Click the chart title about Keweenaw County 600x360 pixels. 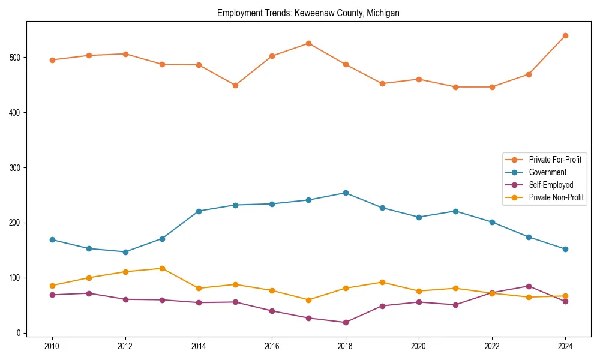(x=308, y=13)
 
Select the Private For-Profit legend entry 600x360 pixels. (x=554, y=160)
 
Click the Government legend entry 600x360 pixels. (x=547, y=172)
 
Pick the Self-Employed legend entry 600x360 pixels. (x=551, y=185)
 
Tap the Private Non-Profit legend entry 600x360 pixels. (x=556, y=197)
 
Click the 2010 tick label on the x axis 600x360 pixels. (x=52, y=346)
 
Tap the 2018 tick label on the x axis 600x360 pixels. (x=345, y=346)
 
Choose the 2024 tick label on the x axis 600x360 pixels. (x=565, y=346)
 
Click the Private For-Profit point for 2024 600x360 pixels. (x=565, y=35)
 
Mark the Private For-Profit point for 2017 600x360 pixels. (x=308, y=43)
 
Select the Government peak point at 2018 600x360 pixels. (x=345, y=193)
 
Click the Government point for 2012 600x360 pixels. (x=125, y=252)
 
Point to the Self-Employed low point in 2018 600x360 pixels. (x=345, y=322)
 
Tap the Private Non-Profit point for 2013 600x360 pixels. (x=162, y=268)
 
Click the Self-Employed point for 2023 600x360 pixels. (x=529, y=286)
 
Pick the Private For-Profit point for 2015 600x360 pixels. (x=235, y=85)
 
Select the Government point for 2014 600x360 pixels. (x=199, y=211)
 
